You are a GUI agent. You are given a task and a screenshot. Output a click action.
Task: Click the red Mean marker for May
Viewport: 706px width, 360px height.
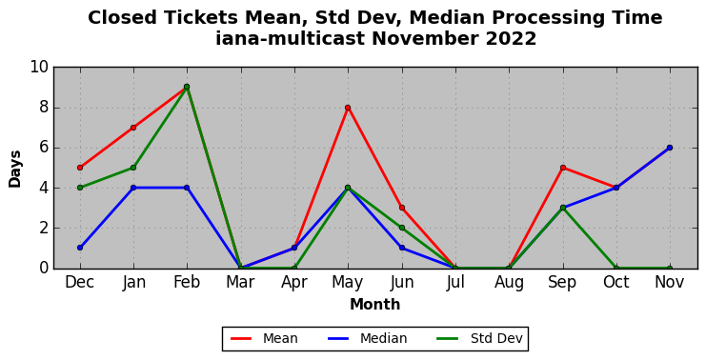tap(348, 108)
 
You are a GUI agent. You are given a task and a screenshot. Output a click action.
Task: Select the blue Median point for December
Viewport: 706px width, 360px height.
tap(80, 248)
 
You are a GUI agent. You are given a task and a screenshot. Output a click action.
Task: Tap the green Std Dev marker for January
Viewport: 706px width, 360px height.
tap(133, 168)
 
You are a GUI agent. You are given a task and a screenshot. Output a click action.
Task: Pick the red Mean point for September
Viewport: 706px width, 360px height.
tap(563, 168)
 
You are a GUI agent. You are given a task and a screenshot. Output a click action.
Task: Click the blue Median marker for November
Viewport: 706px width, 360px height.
tap(670, 148)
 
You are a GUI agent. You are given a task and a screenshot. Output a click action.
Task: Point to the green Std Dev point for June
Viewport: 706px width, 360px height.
tap(402, 228)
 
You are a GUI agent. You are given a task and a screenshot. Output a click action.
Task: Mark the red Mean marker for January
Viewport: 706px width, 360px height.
tap(133, 128)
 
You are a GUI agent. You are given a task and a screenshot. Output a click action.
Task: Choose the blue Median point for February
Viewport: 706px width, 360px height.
tap(187, 188)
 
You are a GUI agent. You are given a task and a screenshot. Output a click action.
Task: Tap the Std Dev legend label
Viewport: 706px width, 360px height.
tap(496, 338)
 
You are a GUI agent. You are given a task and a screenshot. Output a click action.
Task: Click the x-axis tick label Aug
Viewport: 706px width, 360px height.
tap(509, 283)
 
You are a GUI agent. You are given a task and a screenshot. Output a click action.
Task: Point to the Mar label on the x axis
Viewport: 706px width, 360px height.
tap(240, 283)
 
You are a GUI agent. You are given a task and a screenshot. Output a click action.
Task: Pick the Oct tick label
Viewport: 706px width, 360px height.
tap(615, 283)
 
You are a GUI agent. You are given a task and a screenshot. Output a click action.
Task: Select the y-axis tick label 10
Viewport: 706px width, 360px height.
tap(39, 67)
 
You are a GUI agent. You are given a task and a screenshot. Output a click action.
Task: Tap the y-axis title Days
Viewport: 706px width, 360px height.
tap(15, 169)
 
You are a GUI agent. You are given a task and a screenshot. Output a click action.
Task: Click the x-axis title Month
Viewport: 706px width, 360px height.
tap(374, 305)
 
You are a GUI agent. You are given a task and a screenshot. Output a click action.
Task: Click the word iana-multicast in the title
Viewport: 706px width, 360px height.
tap(290, 39)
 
